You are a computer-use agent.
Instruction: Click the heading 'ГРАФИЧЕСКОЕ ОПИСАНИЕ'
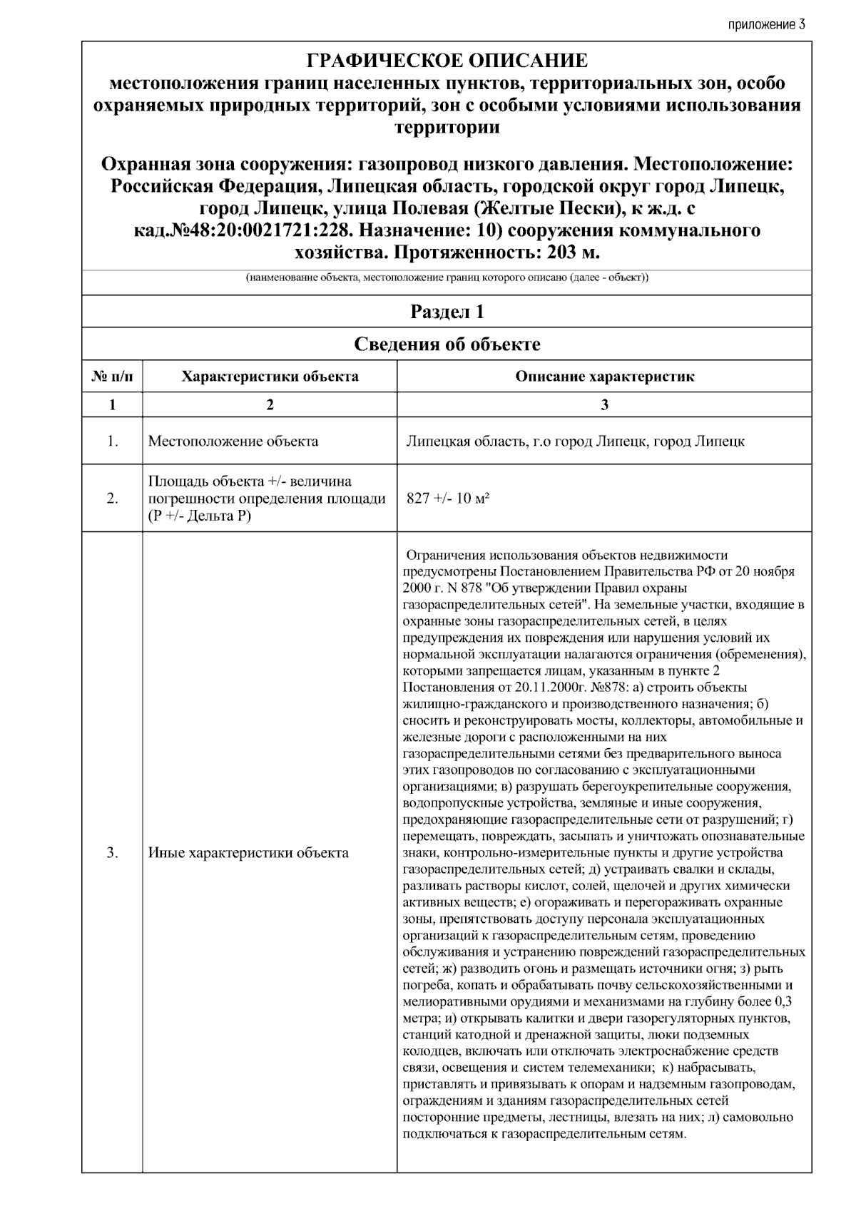(x=447, y=61)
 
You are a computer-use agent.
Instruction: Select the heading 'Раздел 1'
(x=447, y=312)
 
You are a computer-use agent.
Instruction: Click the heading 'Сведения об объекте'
(x=447, y=344)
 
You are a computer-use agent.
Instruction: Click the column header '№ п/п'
(x=112, y=377)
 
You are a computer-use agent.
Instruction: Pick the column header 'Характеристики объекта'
(x=270, y=377)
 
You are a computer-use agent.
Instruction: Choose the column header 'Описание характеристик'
(x=604, y=377)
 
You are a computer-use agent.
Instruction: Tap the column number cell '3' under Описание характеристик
(x=604, y=404)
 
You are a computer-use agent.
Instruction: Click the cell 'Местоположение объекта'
(x=233, y=441)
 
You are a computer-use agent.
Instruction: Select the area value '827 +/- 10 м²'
(x=448, y=498)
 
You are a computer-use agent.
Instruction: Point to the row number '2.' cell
(x=112, y=498)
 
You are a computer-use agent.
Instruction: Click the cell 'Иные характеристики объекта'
(x=248, y=852)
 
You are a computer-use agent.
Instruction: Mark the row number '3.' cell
(x=112, y=852)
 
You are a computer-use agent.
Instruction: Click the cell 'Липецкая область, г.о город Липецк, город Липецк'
(x=575, y=441)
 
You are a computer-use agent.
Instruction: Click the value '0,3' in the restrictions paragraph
(x=783, y=1001)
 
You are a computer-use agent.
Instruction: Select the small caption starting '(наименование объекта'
(x=447, y=277)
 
